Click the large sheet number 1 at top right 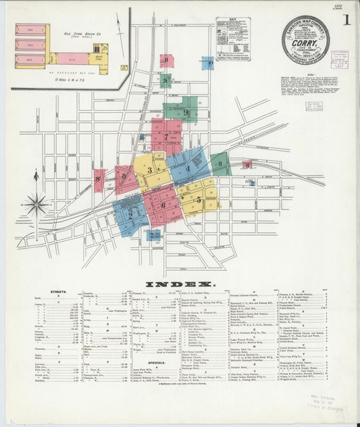coord(346,20)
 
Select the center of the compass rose coord(36,202)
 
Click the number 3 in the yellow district coord(150,170)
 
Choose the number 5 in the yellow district coord(198,199)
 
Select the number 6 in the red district coord(163,205)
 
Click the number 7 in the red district coord(165,136)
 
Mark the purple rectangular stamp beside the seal coord(339,57)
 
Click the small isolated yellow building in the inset coord(124,68)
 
